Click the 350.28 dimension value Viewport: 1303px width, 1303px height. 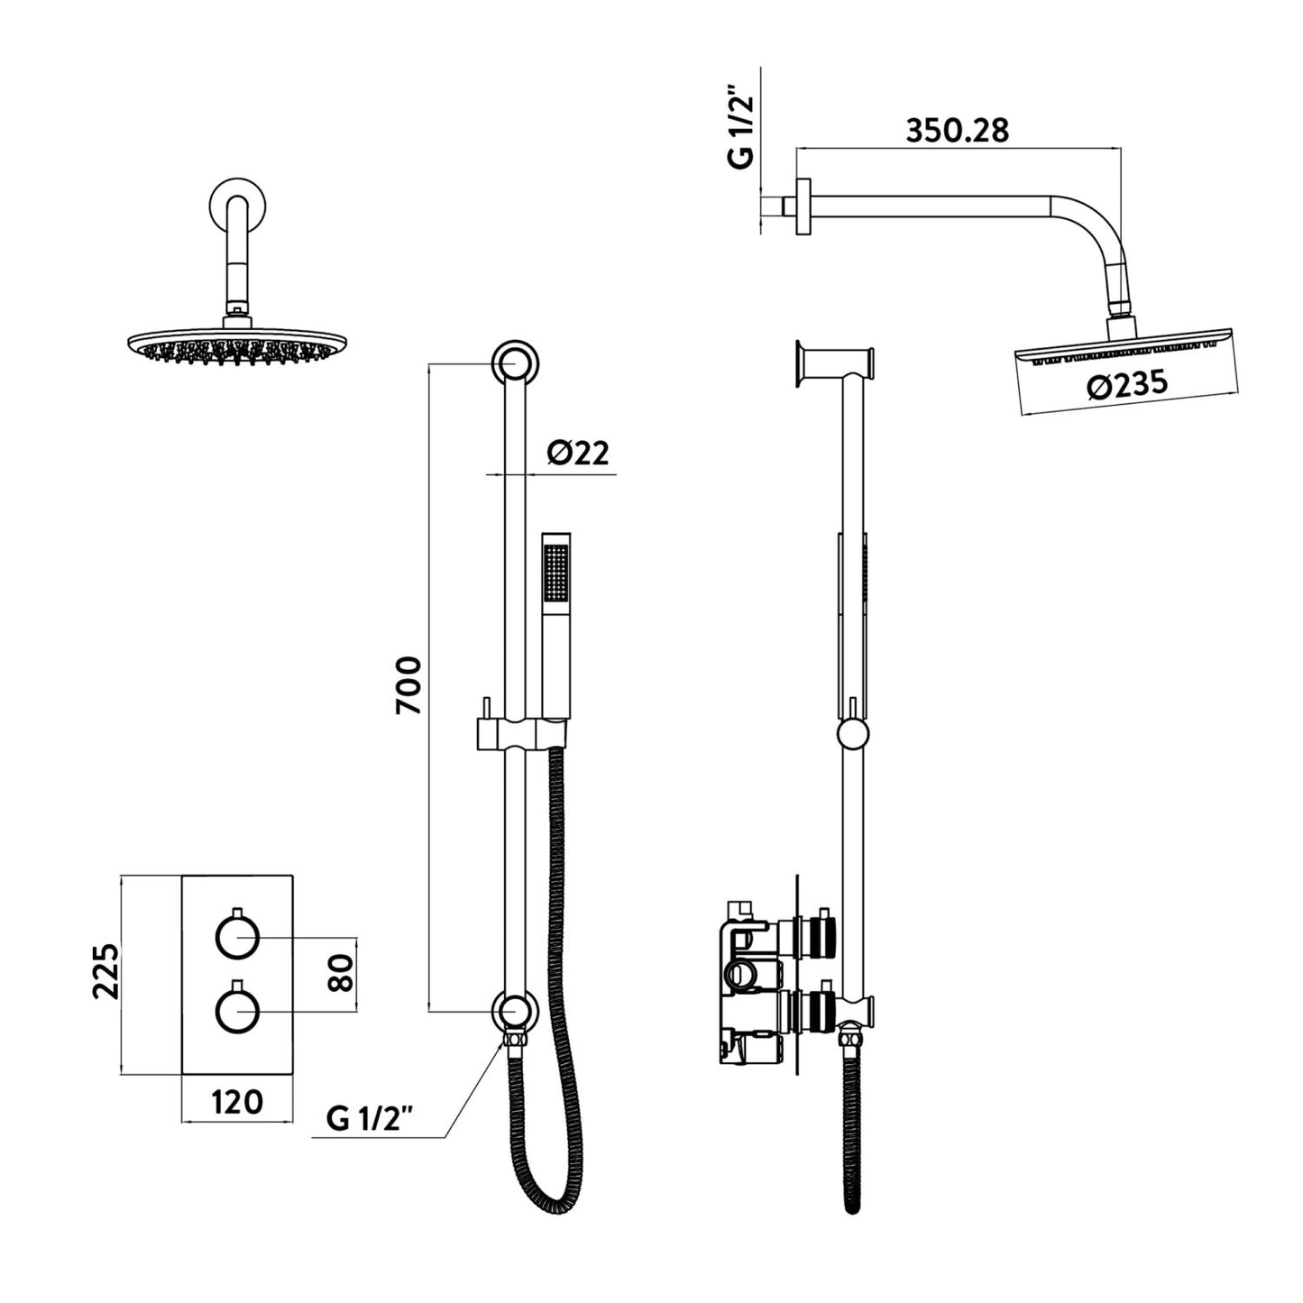click(957, 131)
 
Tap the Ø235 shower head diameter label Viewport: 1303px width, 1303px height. click(1127, 385)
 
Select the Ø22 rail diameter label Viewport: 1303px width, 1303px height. click(578, 453)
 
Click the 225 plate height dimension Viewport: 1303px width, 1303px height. click(106, 971)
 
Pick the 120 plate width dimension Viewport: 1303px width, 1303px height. click(237, 1101)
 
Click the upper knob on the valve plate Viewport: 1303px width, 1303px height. click(238, 938)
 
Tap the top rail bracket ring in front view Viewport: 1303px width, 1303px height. click(516, 363)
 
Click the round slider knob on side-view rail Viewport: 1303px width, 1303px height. click(852, 734)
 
